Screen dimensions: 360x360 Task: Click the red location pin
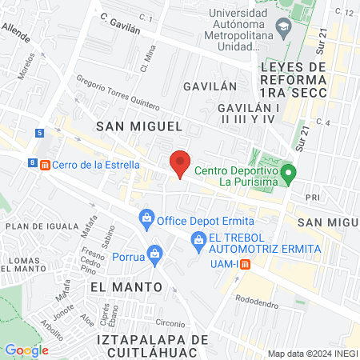coord(180,162)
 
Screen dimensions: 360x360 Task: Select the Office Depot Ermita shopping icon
coord(146,218)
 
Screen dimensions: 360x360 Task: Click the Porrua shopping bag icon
coord(155,257)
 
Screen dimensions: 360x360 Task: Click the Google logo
coord(26,350)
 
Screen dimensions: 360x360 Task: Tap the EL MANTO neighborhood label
coord(126,286)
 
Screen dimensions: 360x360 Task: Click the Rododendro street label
coord(260,299)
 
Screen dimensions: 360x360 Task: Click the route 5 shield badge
coord(39,133)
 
